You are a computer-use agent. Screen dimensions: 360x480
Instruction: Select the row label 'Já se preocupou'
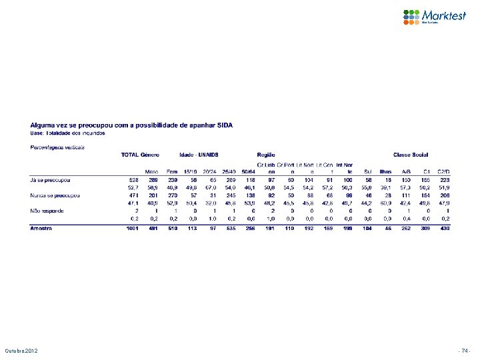[51, 179]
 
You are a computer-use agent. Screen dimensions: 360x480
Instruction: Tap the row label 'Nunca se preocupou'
[55, 195]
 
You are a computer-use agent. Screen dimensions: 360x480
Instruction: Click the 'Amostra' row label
[43, 228]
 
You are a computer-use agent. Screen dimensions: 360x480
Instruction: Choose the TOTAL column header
[129, 155]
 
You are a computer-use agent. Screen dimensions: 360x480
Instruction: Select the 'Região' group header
[266, 155]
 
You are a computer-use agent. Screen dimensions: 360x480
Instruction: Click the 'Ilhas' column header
[385, 172]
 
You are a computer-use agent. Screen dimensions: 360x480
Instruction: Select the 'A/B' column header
[405, 172]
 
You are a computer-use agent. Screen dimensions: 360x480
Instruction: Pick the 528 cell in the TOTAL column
[133, 179]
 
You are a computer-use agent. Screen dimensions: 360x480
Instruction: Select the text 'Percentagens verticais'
[57, 146]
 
